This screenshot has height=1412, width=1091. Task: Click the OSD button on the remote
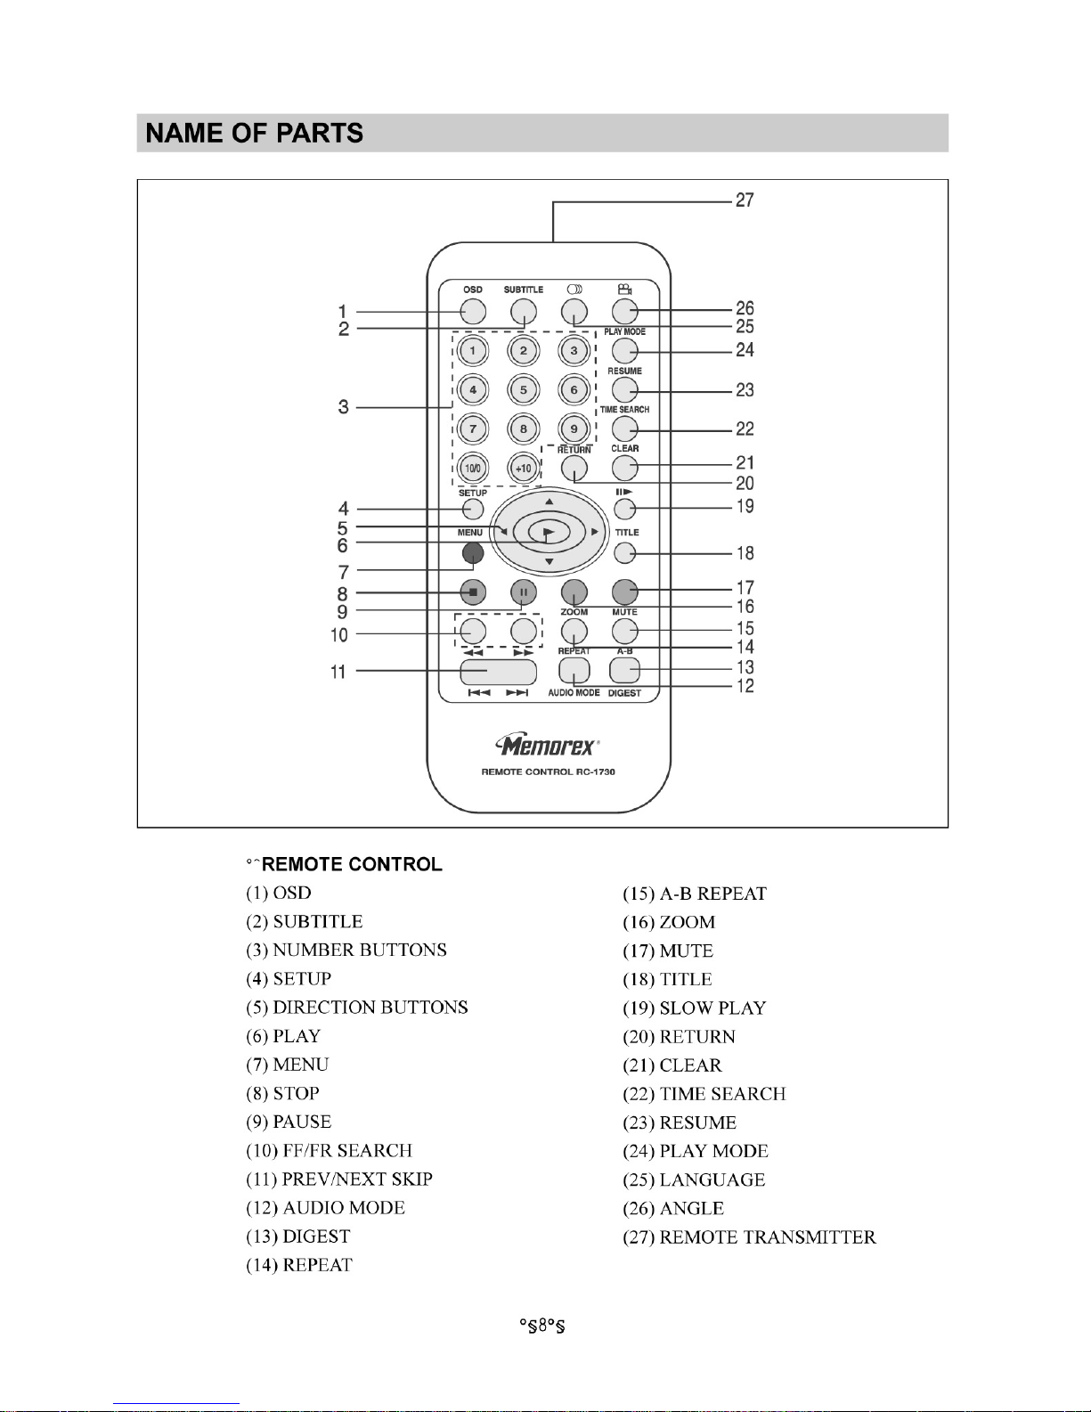pos(473,312)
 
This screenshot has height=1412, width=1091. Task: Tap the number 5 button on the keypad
pos(524,390)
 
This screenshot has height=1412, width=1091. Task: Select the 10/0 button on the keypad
pos(473,468)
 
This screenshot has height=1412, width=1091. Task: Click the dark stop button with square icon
pos(473,592)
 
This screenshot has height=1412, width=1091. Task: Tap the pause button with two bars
pos(524,592)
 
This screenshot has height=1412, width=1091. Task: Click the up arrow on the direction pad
pos(550,502)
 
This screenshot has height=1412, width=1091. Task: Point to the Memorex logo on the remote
pos(548,746)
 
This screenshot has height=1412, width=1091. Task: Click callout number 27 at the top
pos(745,200)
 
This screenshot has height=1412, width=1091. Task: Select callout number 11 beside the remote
pos(338,671)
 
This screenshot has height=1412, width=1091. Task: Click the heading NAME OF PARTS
pos(254,134)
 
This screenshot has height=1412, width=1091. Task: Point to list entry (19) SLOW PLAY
pos(694,1008)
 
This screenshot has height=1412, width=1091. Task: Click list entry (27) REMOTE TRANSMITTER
pos(749,1237)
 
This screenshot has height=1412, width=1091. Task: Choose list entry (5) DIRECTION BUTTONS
pos(356,1008)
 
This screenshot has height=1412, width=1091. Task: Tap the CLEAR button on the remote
pos(624,468)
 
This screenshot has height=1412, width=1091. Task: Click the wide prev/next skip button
pos(499,672)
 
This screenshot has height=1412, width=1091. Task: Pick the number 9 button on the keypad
pos(574,428)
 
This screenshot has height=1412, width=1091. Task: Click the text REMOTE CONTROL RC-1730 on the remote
pos(548,772)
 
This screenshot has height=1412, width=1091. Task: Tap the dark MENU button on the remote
pos(473,553)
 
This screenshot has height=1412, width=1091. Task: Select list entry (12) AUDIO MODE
pos(325,1207)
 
